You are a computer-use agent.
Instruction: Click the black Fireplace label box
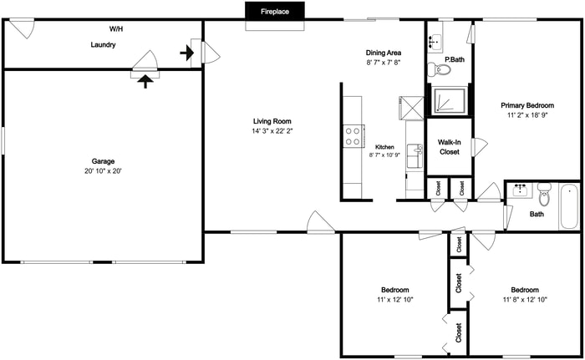[x=274, y=13]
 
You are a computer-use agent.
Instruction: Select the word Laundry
[x=103, y=45]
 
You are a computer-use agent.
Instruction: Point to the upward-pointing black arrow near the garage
[x=147, y=80]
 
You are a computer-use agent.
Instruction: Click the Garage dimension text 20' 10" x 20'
[x=103, y=171]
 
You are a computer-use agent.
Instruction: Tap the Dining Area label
[x=384, y=53]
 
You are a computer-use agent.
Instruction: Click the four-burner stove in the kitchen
[x=353, y=135]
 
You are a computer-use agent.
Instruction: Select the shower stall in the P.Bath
[x=450, y=99]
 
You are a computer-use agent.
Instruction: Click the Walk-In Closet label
[x=449, y=147]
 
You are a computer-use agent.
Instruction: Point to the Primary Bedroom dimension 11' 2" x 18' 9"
[x=527, y=116]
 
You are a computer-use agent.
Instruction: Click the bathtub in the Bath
[x=569, y=206]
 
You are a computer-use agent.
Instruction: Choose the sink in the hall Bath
[x=520, y=190]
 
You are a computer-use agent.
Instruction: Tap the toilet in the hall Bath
[x=544, y=197]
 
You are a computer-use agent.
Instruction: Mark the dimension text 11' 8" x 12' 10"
[x=525, y=299]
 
